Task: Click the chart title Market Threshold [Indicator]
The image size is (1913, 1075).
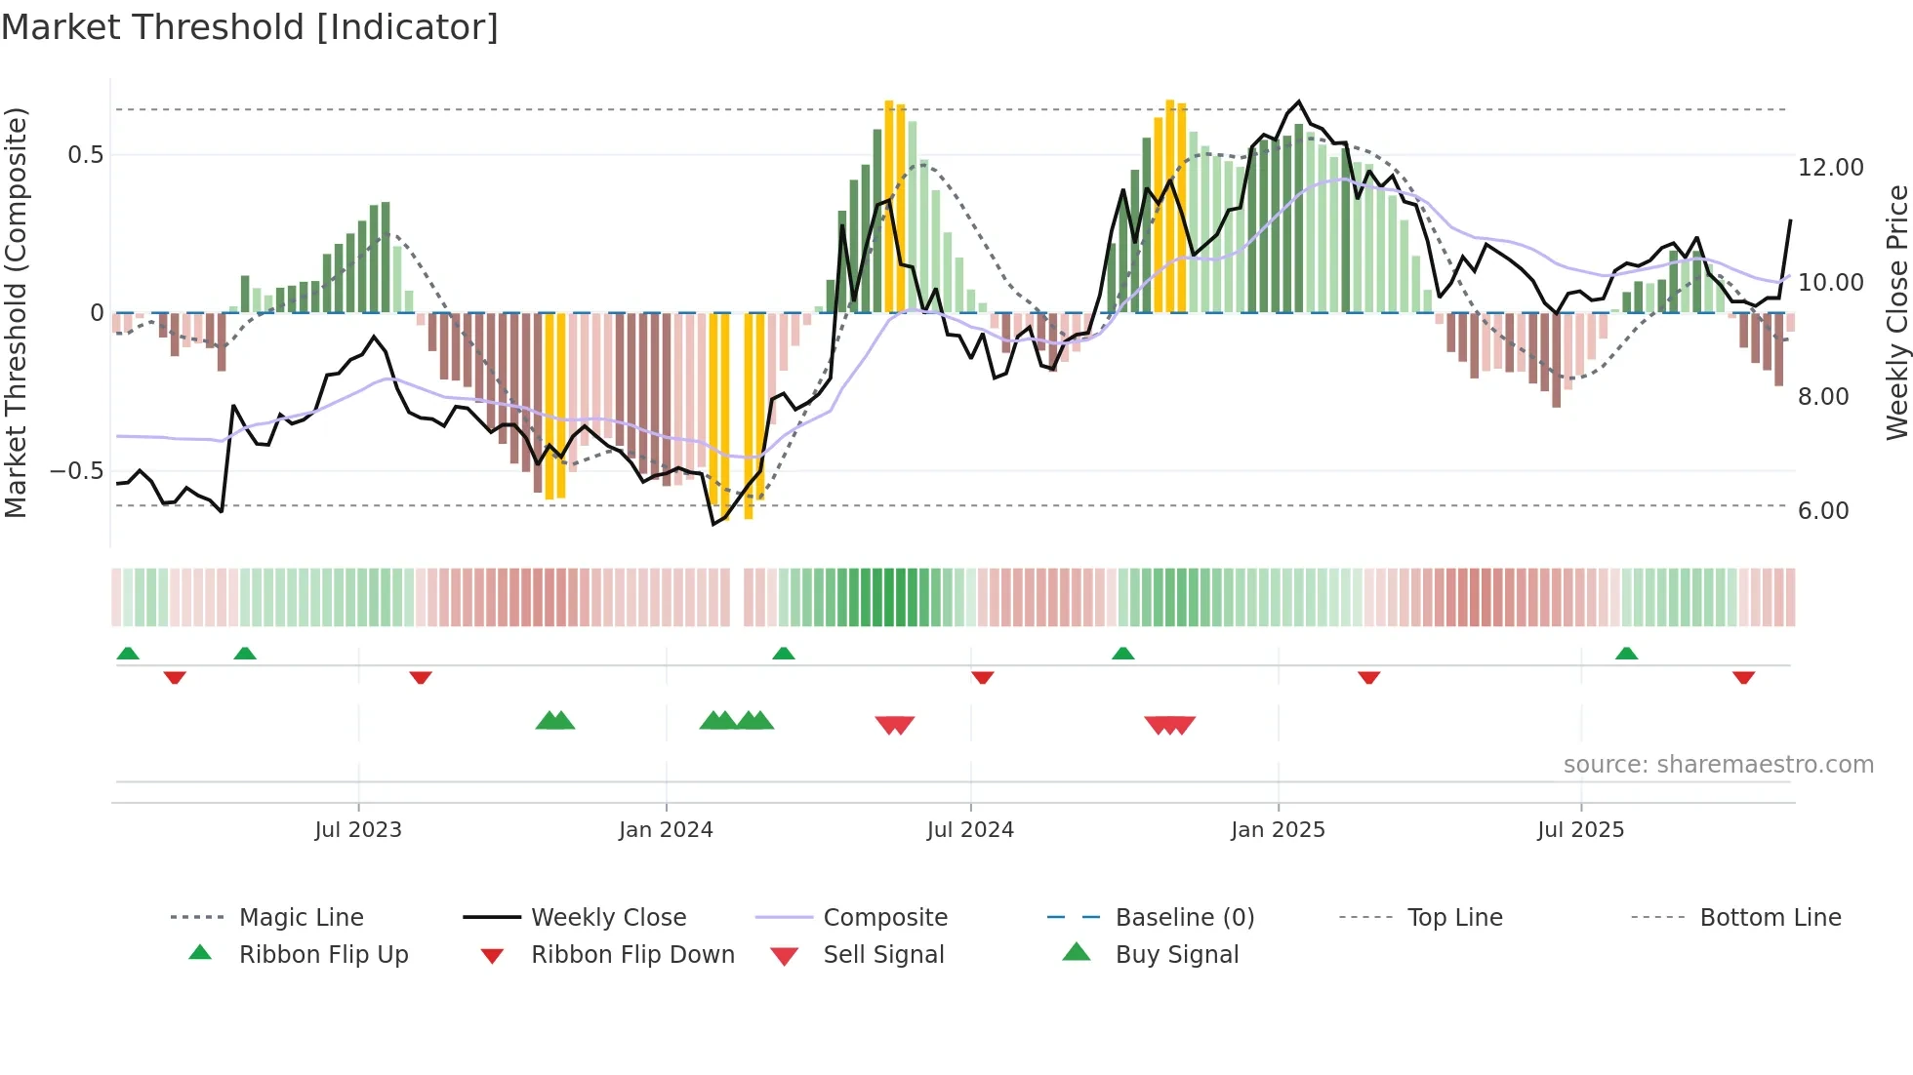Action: (250, 27)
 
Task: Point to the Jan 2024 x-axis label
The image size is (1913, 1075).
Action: (666, 829)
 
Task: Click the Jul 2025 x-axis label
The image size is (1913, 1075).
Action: (1580, 829)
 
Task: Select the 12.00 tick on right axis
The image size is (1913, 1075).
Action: (1830, 168)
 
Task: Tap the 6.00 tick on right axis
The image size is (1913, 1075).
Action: (1823, 511)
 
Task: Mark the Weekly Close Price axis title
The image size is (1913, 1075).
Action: (1896, 312)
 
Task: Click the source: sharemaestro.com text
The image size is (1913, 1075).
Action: (1718, 765)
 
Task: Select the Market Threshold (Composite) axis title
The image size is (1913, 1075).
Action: (16, 312)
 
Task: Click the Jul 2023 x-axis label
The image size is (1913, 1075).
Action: (358, 829)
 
